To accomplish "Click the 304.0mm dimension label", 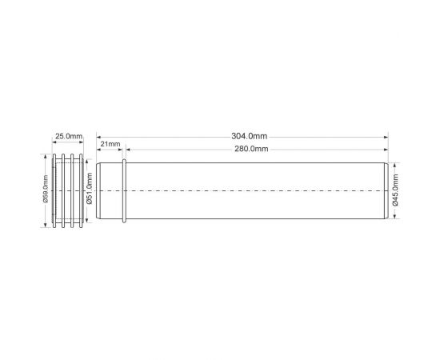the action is click(x=249, y=136).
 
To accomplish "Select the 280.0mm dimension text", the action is click(x=251, y=149).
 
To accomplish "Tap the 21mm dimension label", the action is click(x=110, y=144).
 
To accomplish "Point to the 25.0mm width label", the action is click(x=69, y=136).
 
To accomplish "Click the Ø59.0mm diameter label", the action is click(x=46, y=189).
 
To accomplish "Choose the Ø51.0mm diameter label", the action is click(x=90, y=189).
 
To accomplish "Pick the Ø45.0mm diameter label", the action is click(x=395, y=190).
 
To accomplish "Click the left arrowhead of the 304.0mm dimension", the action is click(x=98, y=138).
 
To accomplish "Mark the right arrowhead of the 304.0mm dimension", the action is click(x=386, y=138).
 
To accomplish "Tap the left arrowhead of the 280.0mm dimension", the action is click(x=128, y=150).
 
